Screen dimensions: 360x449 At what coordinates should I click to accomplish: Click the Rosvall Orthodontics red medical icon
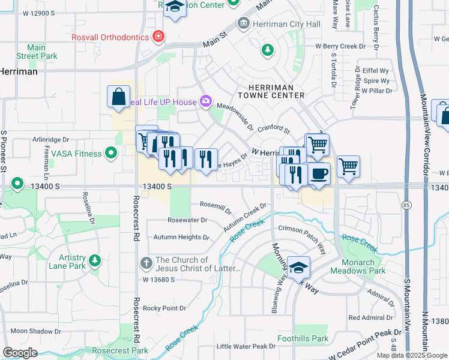[158, 37]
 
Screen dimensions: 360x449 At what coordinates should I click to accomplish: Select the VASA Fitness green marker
[110, 154]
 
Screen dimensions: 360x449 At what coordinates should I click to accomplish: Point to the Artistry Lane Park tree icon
[94, 260]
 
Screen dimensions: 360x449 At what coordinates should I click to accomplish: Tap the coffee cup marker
[319, 174]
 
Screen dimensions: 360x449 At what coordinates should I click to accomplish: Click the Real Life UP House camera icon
[206, 101]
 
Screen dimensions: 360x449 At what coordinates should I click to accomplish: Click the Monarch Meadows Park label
[363, 266]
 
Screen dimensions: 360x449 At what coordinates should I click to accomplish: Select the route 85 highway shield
[407, 205]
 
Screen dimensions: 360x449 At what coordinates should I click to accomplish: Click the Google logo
[20, 353]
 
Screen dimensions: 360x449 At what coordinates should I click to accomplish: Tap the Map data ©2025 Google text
[412, 355]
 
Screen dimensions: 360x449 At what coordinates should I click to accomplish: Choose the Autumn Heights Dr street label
[181, 237]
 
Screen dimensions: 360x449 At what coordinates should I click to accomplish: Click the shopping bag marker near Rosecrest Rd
[119, 96]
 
